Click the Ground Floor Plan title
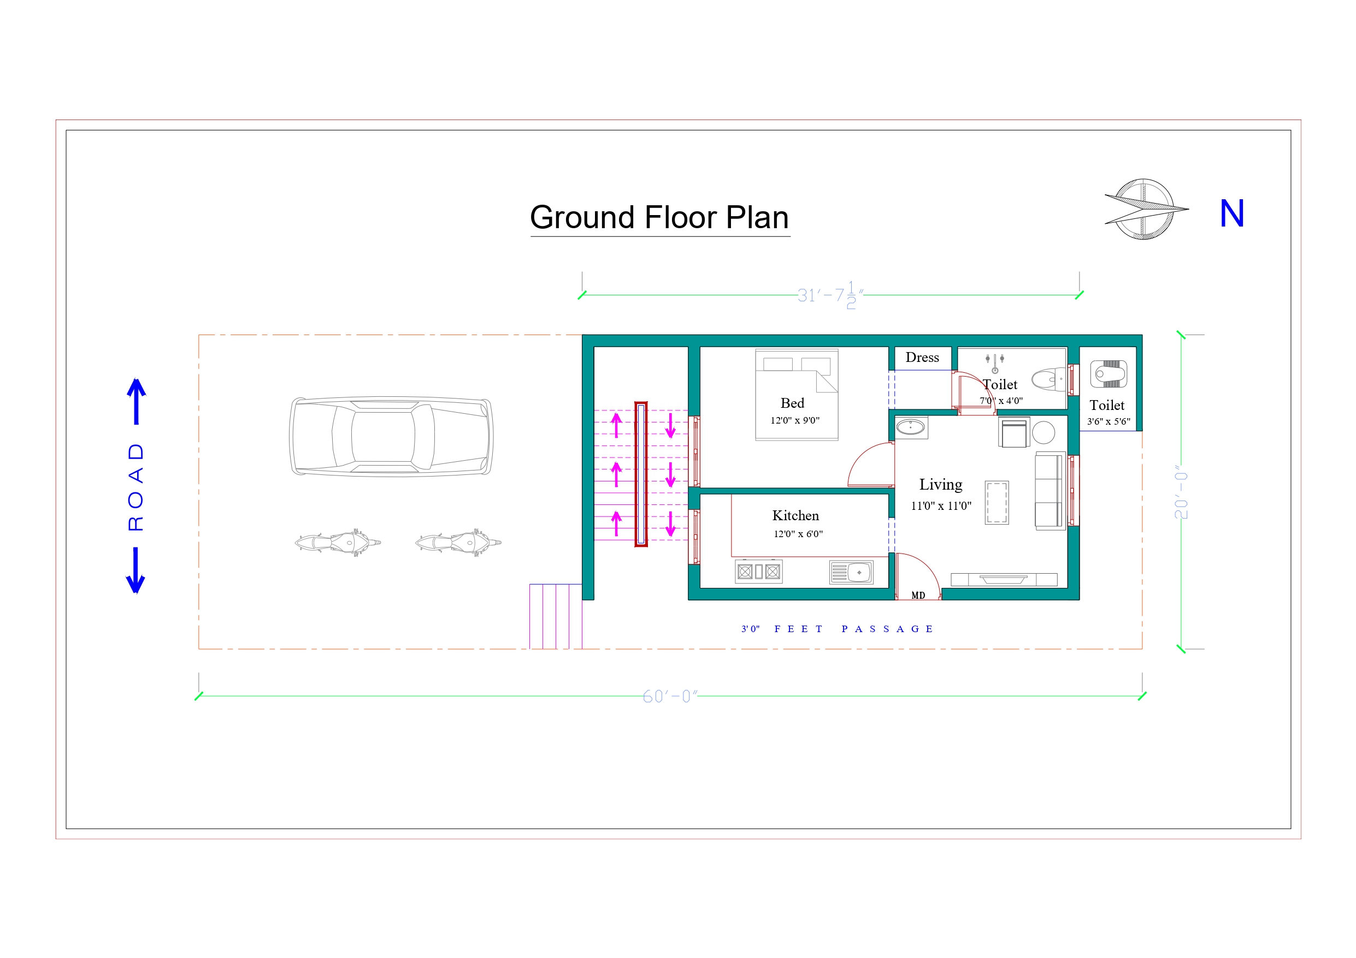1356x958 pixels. click(x=659, y=217)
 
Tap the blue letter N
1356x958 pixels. click(x=1231, y=213)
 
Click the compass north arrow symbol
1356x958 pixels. click(x=1145, y=209)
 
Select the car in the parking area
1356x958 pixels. click(x=391, y=436)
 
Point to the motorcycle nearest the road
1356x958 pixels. click(x=338, y=542)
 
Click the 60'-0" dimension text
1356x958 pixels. click(x=670, y=697)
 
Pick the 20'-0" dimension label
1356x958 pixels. click(x=1181, y=492)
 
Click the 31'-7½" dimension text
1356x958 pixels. click(x=830, y=295)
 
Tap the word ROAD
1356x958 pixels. click(x=136, y=487)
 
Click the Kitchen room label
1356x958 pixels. click(x=795, y=515)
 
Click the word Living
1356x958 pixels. click(x=941, y=485)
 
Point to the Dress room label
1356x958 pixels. click(x=922, y=357)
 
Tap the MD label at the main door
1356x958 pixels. click(x=918, y=595)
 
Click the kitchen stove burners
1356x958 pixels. click(x=759, y=572)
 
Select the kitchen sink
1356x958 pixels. click(x=851, y=572)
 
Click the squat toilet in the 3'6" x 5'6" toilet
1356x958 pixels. click(x=1108, y=373)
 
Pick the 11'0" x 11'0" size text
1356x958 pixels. click(x=941, y=506)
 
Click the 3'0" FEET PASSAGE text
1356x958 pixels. click(x=837, y=629)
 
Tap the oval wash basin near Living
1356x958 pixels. click(x=911, y=427)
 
